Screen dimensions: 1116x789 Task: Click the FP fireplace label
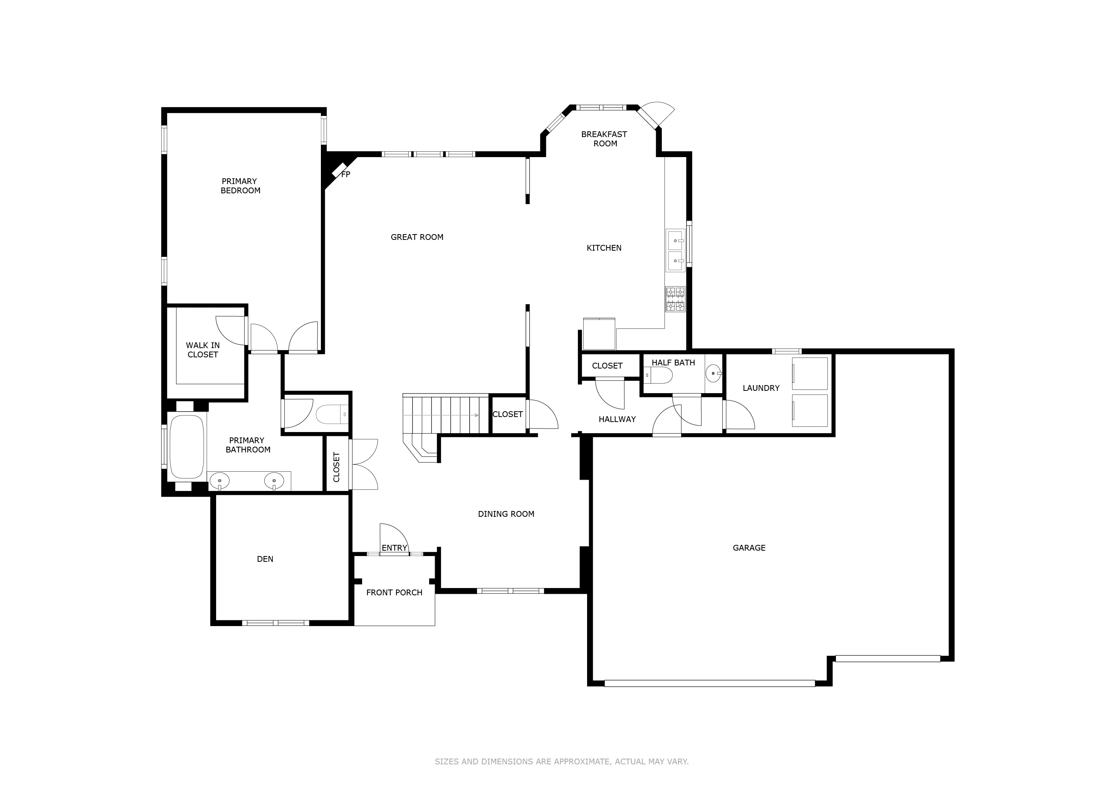click(x=346, y=174)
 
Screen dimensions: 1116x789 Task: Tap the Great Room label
click(x=417, y=237)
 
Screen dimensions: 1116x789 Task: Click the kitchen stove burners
click(x=675, y=299)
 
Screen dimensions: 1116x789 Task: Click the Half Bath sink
click(x=713, y=373)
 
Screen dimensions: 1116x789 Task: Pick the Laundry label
click(x=761, y=388)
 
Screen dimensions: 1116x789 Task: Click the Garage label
click(x=749, y=548)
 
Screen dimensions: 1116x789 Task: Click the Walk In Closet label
click(x=203, y=350)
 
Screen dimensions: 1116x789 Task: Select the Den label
click(x=265, y=559)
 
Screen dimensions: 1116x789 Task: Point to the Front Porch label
click(x=394, y=593)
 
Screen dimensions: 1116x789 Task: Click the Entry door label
click(x=394, y=548)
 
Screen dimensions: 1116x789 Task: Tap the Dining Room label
click(x=506, y=514)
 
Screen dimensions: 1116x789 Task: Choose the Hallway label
click(x=617, y=419)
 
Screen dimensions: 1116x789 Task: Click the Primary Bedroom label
click(x=240, y=186)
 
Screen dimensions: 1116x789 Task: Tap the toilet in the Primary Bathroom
click(x=332, y=414)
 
